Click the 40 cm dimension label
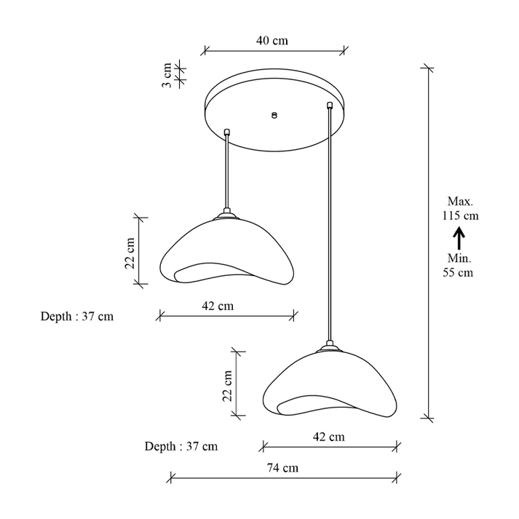coord(272,40)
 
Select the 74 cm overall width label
coord(282,468)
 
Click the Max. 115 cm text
coord(461,208)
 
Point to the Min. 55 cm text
coord(459,265)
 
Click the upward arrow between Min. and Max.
coord(459,237)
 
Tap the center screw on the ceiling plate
coord(274,115)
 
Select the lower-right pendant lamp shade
coord(330,384)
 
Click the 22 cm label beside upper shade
coord(130,253)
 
